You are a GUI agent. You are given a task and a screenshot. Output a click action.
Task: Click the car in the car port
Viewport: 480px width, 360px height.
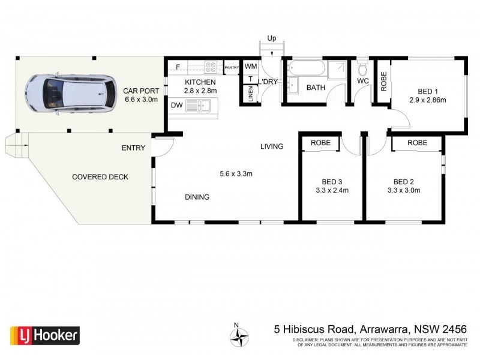(71, 94)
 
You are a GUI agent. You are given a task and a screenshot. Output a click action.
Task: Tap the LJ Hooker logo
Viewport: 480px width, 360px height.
(44, 334)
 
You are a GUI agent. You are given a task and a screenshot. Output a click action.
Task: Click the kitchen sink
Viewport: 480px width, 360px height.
(197, 106)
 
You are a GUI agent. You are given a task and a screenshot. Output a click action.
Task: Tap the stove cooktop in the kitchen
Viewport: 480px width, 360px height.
(211, 67)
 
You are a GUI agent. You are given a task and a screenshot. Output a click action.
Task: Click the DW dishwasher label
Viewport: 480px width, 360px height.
(176, 106)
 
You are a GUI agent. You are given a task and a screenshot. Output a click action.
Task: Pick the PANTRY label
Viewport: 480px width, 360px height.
(232, 67)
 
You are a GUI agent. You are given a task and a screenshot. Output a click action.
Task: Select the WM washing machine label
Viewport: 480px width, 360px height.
(250, 67)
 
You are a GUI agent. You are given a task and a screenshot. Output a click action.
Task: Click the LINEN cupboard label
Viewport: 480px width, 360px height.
(250, 94)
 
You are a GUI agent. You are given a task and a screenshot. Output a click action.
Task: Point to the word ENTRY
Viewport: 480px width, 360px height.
(133, 148)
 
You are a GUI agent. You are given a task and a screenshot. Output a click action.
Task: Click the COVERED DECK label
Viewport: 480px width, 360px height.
(100, 176)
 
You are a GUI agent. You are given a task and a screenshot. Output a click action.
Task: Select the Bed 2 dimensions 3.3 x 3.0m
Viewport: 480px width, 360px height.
(403, 191)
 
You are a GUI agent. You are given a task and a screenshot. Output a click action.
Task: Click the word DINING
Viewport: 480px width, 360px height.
(197, 196)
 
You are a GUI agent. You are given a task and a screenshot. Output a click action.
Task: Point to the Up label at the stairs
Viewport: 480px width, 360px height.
(271, 38)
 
